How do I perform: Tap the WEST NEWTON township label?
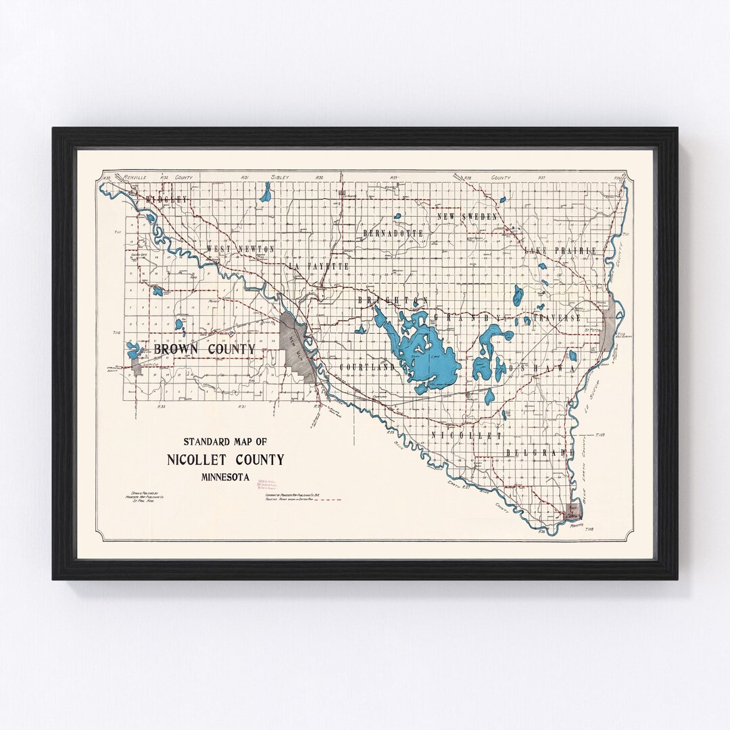pyautogui.click(x=241, y=249)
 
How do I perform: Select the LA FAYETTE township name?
pyautogui.click(x=319, y=267)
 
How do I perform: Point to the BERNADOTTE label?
pyautogui.click(x=393, y=233)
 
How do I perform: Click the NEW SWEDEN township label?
pyautogui.click(x=468, y=216)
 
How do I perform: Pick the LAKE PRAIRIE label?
pyautogui.click(x=561, y=251)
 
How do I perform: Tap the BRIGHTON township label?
pyautogui.click(x=394, y=299)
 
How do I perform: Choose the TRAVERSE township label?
pyautogui.click(x=558, y=317)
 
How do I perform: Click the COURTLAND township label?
pyautogui.click(x=367, y=367)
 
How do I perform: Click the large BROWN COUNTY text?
pyautogui.click(x=205, y=349)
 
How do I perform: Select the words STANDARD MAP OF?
pyautogui.click(x=225, y=442)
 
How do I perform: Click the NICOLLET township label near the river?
pyautogui.click(x=466, y=436)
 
